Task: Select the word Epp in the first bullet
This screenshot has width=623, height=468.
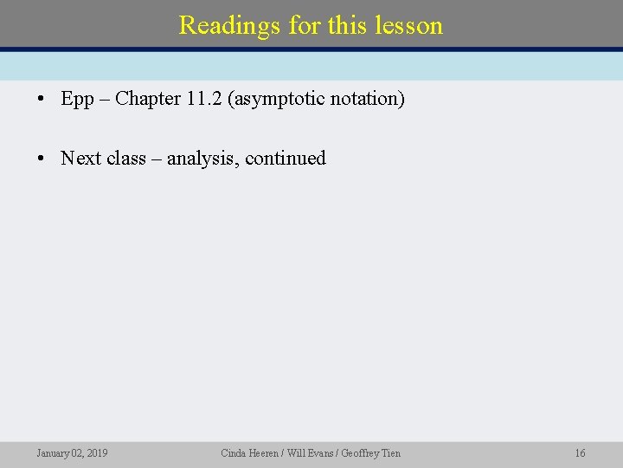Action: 77,99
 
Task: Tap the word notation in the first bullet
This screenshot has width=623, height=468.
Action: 367,99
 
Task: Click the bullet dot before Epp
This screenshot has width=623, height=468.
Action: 42,99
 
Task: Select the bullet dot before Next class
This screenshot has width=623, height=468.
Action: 42,159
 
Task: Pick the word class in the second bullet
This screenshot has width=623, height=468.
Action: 126,159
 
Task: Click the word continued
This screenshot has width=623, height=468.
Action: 286,159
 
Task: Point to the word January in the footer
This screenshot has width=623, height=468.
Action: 54,453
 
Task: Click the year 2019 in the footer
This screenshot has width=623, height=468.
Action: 97,453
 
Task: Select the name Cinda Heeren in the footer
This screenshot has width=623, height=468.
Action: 248,453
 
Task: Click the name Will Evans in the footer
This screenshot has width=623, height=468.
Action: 309,453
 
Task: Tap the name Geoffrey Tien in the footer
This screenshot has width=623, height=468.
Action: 371,453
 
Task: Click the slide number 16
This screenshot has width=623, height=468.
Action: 580,453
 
